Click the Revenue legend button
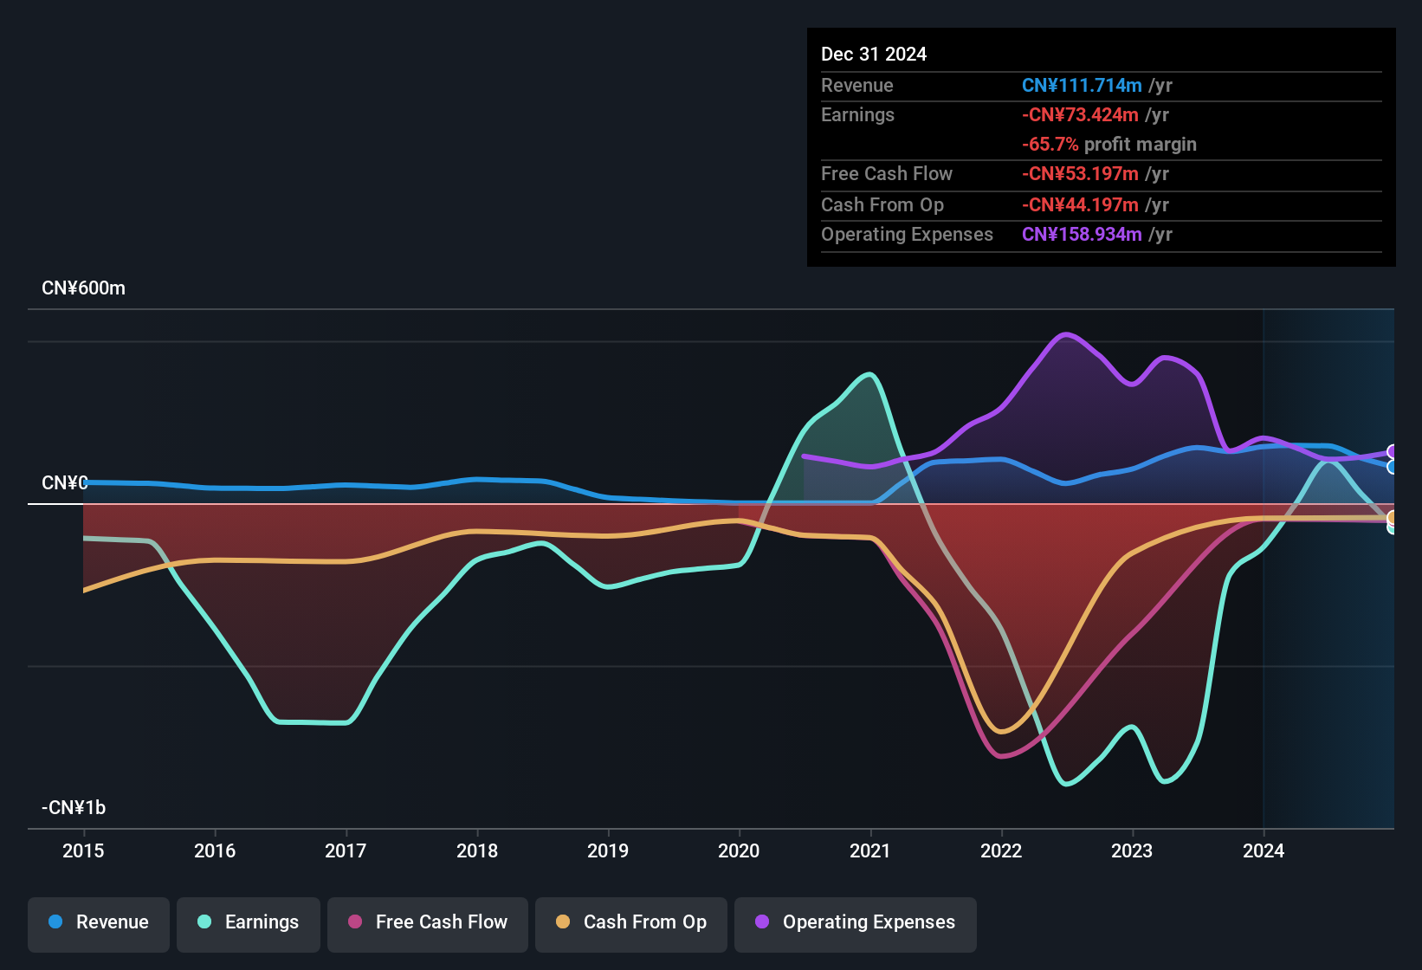pos(99,922)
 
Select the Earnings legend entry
pos(249,922)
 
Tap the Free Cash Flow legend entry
pos(428,922)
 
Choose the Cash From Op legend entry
pos(631,922)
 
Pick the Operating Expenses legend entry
pos(856,922)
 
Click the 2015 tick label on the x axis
pos(83,850)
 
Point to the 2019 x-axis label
pos(608,850)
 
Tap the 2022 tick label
pos(1001,850)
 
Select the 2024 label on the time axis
pos(1264,850)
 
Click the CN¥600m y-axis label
pos(83,288)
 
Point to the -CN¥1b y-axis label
pos(74,808)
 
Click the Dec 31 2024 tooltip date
pos(874,55)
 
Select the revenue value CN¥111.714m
pos(1082,86)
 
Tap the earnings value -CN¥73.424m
pos(1080,115)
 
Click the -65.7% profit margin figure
pos(1050,145)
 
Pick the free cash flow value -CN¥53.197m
pos(1080,174)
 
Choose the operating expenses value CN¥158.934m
pos(1082,235)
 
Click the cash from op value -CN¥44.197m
pos(1080,205)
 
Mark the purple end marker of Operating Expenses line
pos(1392,452)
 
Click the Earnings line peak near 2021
pos(870,375)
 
